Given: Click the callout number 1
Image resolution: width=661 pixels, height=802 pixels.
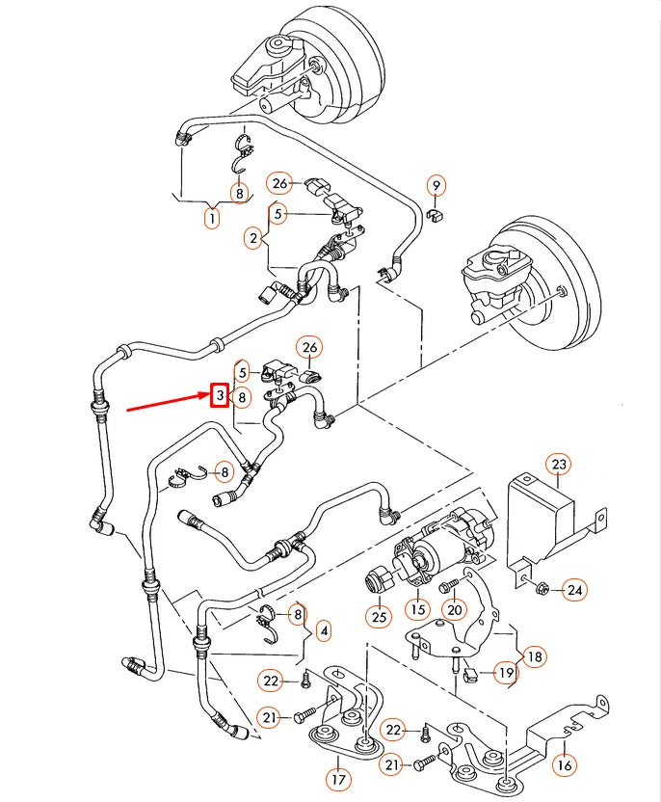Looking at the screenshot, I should [211, 218].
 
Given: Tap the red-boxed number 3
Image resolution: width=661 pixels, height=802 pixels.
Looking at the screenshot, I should [220, 395].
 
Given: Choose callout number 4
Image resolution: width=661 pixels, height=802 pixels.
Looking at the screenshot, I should [323, 631].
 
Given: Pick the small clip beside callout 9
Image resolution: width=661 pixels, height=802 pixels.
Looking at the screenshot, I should [435, 215].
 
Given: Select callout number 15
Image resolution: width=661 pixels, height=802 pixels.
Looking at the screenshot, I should [417, 608].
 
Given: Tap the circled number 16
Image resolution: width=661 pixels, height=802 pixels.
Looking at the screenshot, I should [565, 764].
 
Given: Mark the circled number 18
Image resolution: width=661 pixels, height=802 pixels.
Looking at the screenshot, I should [534, 656].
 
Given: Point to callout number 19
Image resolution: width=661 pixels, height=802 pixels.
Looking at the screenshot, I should [505, 674].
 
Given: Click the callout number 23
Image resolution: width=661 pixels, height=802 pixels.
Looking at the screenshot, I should [559, 464].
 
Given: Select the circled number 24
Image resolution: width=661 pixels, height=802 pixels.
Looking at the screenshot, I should [574, 589].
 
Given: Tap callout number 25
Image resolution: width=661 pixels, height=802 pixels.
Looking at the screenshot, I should [378, 614].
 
